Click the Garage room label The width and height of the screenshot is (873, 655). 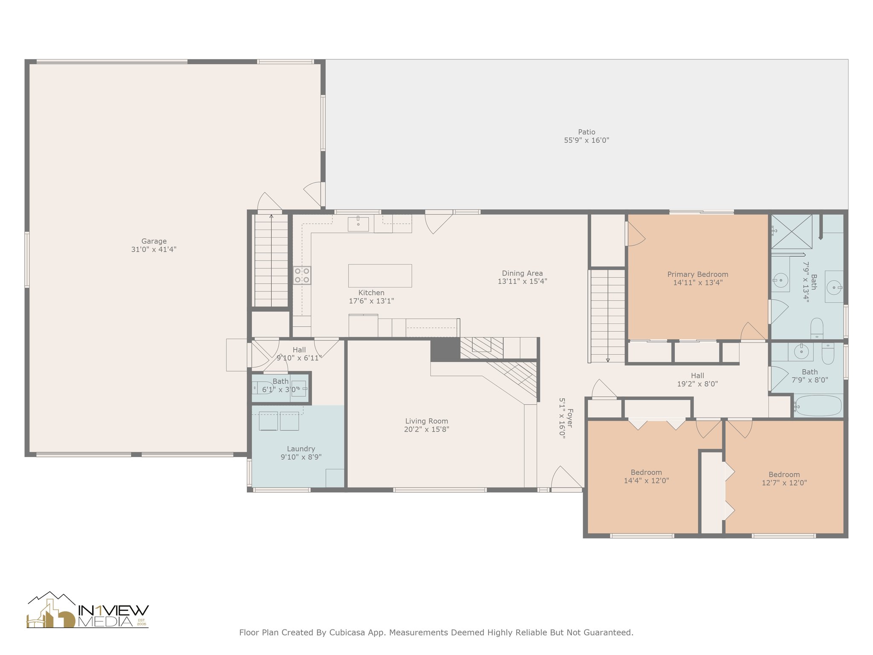pos(154,241)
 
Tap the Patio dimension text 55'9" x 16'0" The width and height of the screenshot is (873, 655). pos(587,140)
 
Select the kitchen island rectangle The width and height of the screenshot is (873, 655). pos(380,275)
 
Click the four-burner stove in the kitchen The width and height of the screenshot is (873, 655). pos(302,275)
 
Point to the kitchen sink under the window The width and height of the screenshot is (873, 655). pos(358,224)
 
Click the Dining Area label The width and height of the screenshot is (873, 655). pos(522,273)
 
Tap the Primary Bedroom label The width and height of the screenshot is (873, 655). pos(698,275)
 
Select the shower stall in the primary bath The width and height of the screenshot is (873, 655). pos(792,232)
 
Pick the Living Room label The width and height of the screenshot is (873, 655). pos(427,421)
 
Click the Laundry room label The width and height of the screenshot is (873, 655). pos(301,449)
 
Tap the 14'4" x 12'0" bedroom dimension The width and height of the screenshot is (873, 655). pos(646,481)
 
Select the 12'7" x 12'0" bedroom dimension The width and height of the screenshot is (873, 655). pos(784,483)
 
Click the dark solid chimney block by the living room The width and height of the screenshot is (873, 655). pos(445,350)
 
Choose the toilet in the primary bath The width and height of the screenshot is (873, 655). pos(817,328)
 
